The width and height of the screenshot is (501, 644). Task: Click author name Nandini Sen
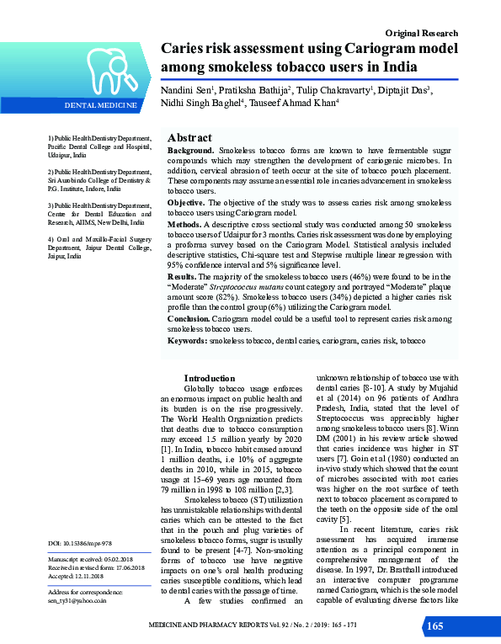188,88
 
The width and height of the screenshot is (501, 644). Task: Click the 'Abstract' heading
189,137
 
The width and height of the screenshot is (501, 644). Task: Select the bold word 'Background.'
191,149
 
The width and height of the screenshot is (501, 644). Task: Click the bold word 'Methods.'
184,225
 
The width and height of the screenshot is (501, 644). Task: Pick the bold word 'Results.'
182,276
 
